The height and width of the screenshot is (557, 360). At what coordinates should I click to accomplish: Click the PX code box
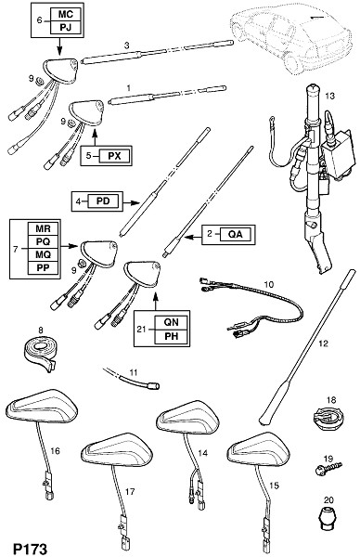114,156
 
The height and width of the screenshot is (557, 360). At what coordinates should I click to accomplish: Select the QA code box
236,234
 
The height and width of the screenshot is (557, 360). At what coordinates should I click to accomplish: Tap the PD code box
103,201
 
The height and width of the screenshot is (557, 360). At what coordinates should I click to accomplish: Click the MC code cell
66,15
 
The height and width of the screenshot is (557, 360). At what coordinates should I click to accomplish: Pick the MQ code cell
44,254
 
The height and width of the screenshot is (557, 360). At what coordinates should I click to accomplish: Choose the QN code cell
171,322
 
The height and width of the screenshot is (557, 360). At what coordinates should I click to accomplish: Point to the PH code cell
171,336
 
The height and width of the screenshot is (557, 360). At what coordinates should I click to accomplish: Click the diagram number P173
30,549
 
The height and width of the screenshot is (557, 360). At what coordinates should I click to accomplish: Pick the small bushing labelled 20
327,519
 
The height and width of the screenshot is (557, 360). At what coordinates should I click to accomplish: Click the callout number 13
329,96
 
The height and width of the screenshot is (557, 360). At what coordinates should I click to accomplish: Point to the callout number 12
324,343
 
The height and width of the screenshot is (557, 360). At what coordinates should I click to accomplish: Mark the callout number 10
269,285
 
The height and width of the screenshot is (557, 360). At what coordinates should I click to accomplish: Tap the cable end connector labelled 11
154,384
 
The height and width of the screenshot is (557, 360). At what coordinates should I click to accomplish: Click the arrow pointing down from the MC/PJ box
59,46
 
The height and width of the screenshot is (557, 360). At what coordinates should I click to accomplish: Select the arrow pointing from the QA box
193,237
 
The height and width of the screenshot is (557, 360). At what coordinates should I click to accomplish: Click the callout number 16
55,451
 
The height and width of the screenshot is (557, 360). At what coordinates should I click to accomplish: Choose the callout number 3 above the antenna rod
127,45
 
